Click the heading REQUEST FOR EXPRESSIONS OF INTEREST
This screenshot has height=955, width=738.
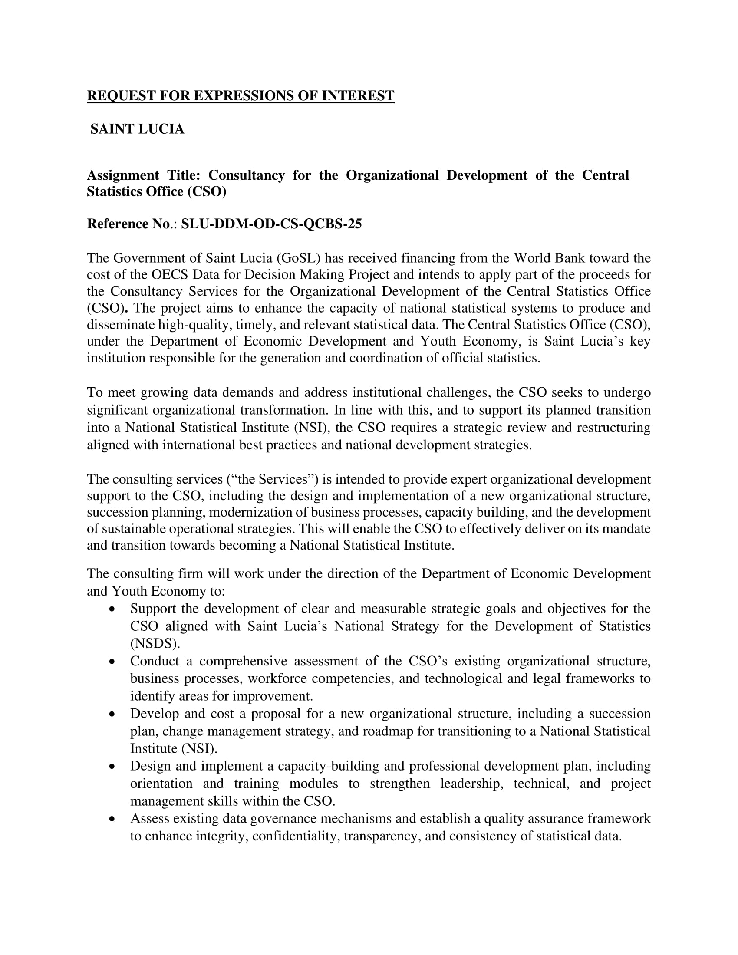coord(241,96)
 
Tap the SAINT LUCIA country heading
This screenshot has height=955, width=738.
coord(137,129)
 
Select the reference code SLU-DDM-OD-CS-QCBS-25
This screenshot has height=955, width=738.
coord(271,224)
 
